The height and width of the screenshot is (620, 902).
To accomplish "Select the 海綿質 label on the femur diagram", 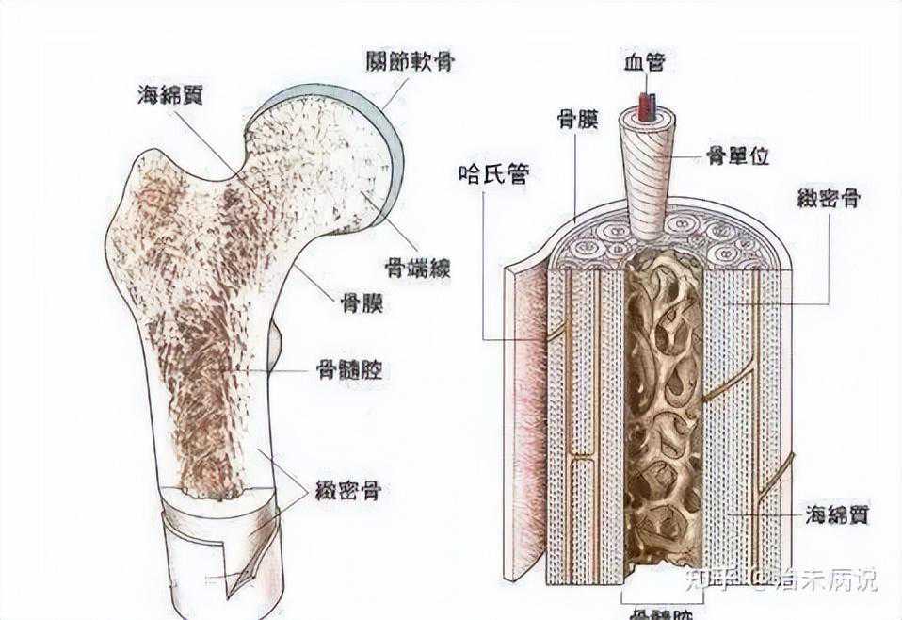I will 175,93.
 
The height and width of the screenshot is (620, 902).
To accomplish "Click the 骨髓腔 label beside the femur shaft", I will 350,370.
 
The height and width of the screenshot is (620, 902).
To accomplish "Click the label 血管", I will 644,62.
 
